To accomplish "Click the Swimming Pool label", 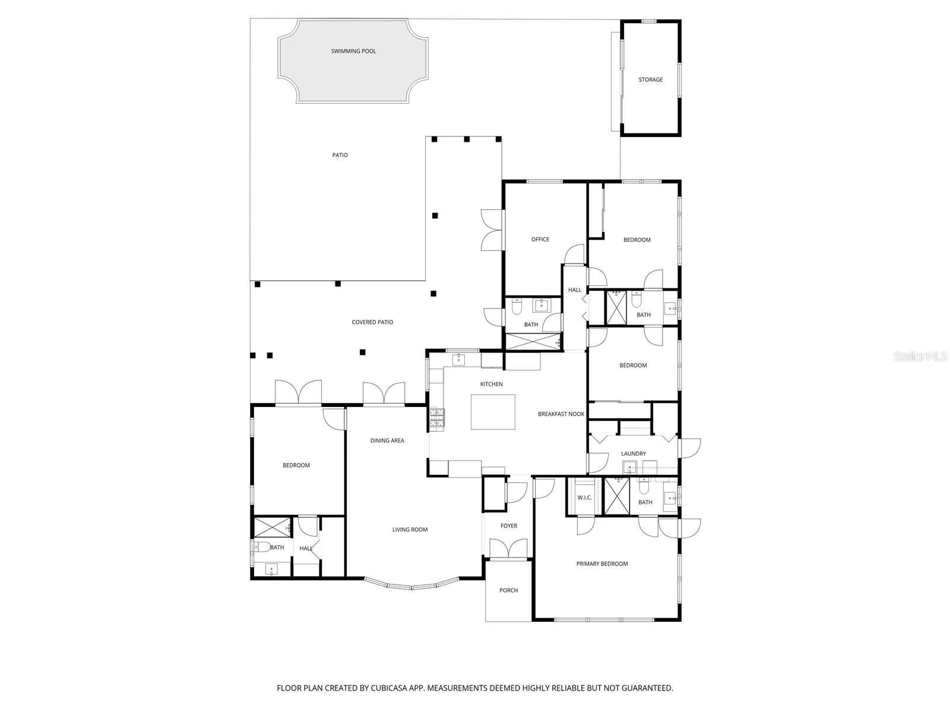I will tap(353, 51).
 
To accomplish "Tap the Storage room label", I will tap(650, 80).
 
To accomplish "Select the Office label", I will tap(540, 239).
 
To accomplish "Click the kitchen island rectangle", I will tap(493, 411).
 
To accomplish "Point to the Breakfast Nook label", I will tap(561, 414).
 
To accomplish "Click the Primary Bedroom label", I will tap(601, 564).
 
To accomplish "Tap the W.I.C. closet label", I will tap(584, 497).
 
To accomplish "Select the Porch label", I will tap(508, 590).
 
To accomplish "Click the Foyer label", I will tap(508, 526).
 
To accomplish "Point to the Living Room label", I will tap(410, 529).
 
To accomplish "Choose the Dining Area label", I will tap(387, 440).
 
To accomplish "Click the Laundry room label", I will tap(633, 453).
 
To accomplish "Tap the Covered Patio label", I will tap(372, 322).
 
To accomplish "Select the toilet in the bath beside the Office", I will tap(516, 306).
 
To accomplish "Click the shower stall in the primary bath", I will tap(616, 495).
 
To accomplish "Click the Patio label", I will tap(340, 155).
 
